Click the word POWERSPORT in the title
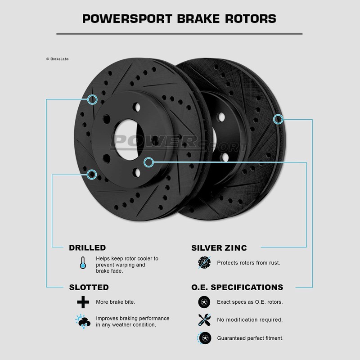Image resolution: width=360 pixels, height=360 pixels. click(127, 19)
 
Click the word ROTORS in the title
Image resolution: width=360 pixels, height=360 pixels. click(251, 19)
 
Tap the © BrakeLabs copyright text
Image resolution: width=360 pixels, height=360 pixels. click(58, 59)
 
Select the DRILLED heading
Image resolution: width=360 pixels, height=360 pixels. click(87, 248)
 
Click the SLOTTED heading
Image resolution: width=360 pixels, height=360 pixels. click(89, 287)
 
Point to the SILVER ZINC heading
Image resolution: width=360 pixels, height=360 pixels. click(219, 248)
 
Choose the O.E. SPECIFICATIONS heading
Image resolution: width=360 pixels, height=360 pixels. click(237, 287)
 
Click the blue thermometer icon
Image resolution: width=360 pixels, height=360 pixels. click(83, 263)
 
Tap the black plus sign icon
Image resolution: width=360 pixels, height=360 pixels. click(83, 302)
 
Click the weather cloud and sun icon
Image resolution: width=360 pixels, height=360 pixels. click(83, 321)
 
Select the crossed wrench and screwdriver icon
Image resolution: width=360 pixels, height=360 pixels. click(204, 319)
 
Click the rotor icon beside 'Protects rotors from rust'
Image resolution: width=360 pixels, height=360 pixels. click(204, 262)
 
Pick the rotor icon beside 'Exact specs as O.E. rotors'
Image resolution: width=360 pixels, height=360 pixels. click(204, 302)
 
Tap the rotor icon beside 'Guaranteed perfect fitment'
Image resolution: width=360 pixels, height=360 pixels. click(204, 338)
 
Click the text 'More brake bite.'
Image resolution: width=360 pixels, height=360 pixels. click(116, 302)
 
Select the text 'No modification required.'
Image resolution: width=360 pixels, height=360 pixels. click(250, 319)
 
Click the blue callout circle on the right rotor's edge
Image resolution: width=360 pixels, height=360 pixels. click(278, 119)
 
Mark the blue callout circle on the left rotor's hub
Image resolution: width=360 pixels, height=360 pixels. click(149, 162)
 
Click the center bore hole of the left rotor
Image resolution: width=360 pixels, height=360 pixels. click(129, 139)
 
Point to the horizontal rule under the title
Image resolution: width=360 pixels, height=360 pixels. click(180, 34)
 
